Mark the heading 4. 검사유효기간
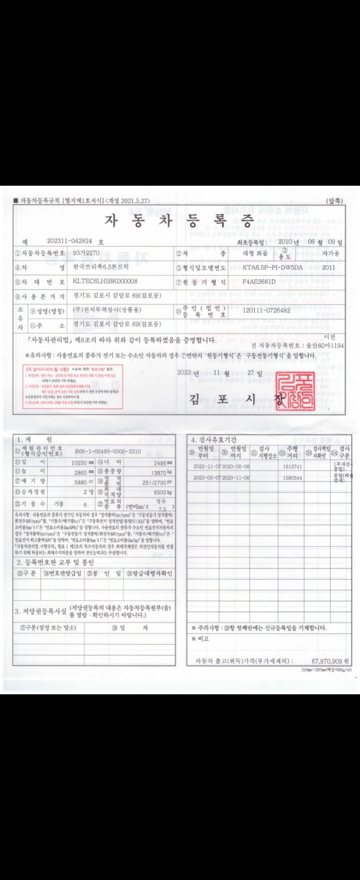(x=214, y=439)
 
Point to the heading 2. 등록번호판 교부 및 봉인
(x=55, y=562)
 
